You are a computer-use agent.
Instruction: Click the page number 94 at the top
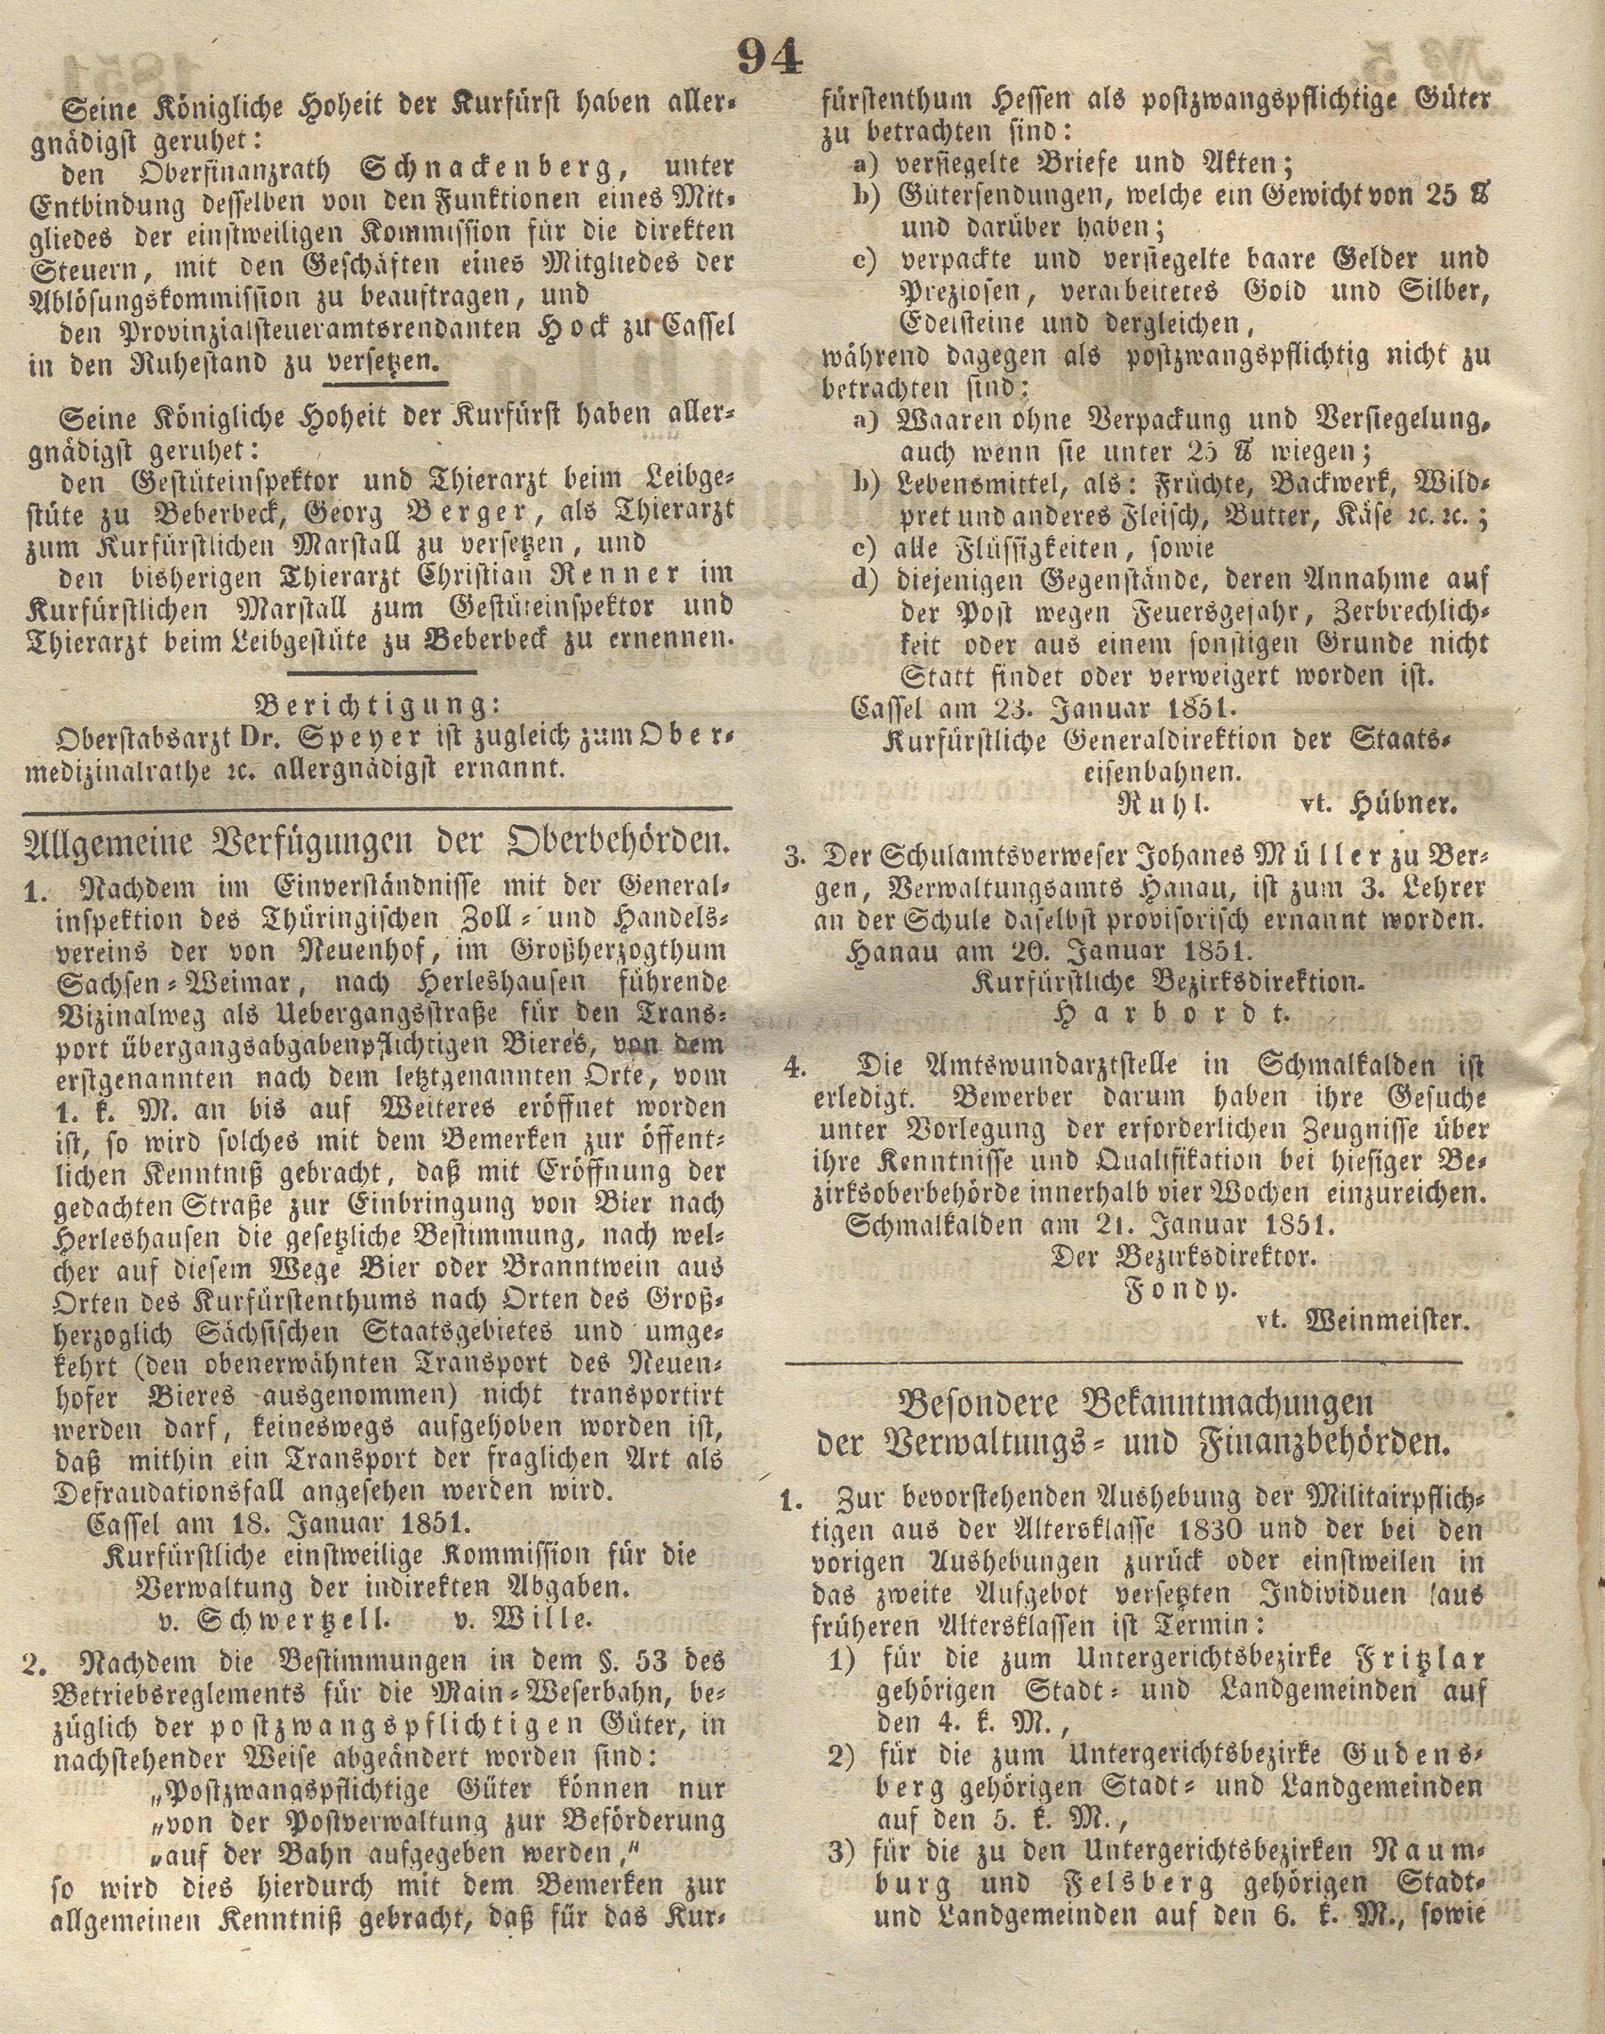click(770, 59)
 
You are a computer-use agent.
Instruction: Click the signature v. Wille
click(523, 1618)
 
